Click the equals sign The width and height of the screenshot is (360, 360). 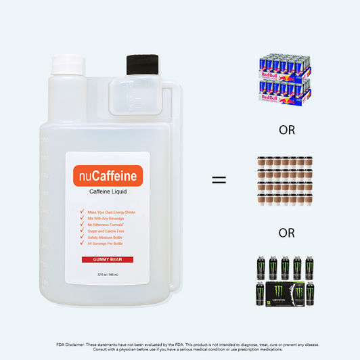click(x=218, y=181)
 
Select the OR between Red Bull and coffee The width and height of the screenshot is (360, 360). click(x=287, y=130)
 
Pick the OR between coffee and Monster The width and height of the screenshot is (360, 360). click(x=287, y=233)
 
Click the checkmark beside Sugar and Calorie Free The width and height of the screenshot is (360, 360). click(x=81, y=231)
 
